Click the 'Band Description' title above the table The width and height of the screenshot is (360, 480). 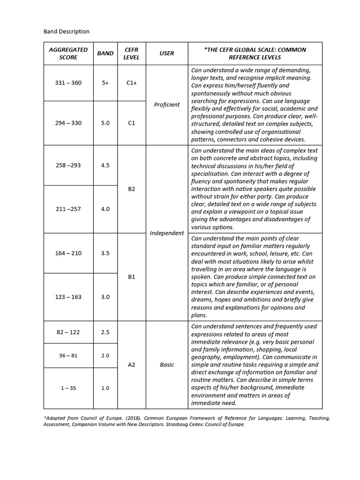67,31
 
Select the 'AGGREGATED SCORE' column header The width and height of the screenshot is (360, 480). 68,53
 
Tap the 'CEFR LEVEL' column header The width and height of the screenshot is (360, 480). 131,53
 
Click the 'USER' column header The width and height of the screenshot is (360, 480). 166,53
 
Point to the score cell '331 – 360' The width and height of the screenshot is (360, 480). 68,83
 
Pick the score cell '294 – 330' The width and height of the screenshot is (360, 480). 68,123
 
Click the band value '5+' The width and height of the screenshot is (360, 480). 105,83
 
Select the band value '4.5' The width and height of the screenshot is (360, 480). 105,165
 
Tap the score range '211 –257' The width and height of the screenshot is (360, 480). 68,209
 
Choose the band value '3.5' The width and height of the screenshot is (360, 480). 105,253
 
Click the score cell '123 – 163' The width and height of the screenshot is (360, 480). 68,297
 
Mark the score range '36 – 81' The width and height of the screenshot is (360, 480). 68,356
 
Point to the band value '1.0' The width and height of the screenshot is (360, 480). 105,388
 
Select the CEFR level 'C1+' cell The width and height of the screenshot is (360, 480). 131,83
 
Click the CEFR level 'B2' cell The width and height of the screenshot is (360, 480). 131,189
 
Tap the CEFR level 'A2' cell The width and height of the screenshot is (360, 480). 131,365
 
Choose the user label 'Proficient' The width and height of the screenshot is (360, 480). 166,105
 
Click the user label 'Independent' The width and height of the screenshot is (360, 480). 166,233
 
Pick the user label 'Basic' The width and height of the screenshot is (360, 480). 166,365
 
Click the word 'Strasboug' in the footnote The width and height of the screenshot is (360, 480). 171,425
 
